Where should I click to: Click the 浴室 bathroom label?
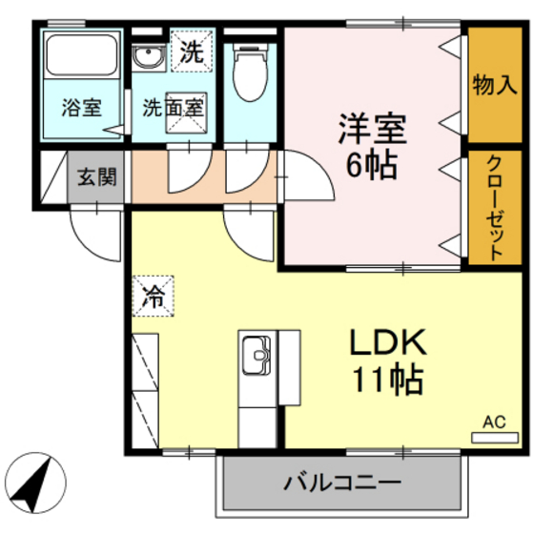[82, 107]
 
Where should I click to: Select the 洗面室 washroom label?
[173, 107]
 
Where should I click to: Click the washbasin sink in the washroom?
[148, 58]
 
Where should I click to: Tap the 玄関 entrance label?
[96, 177]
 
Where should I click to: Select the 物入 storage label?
[494, 85]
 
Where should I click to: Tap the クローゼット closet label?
[494, 206]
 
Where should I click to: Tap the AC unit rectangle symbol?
[493, 438]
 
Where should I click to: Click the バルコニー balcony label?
[341, 483]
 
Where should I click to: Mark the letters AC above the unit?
[493, 421]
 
